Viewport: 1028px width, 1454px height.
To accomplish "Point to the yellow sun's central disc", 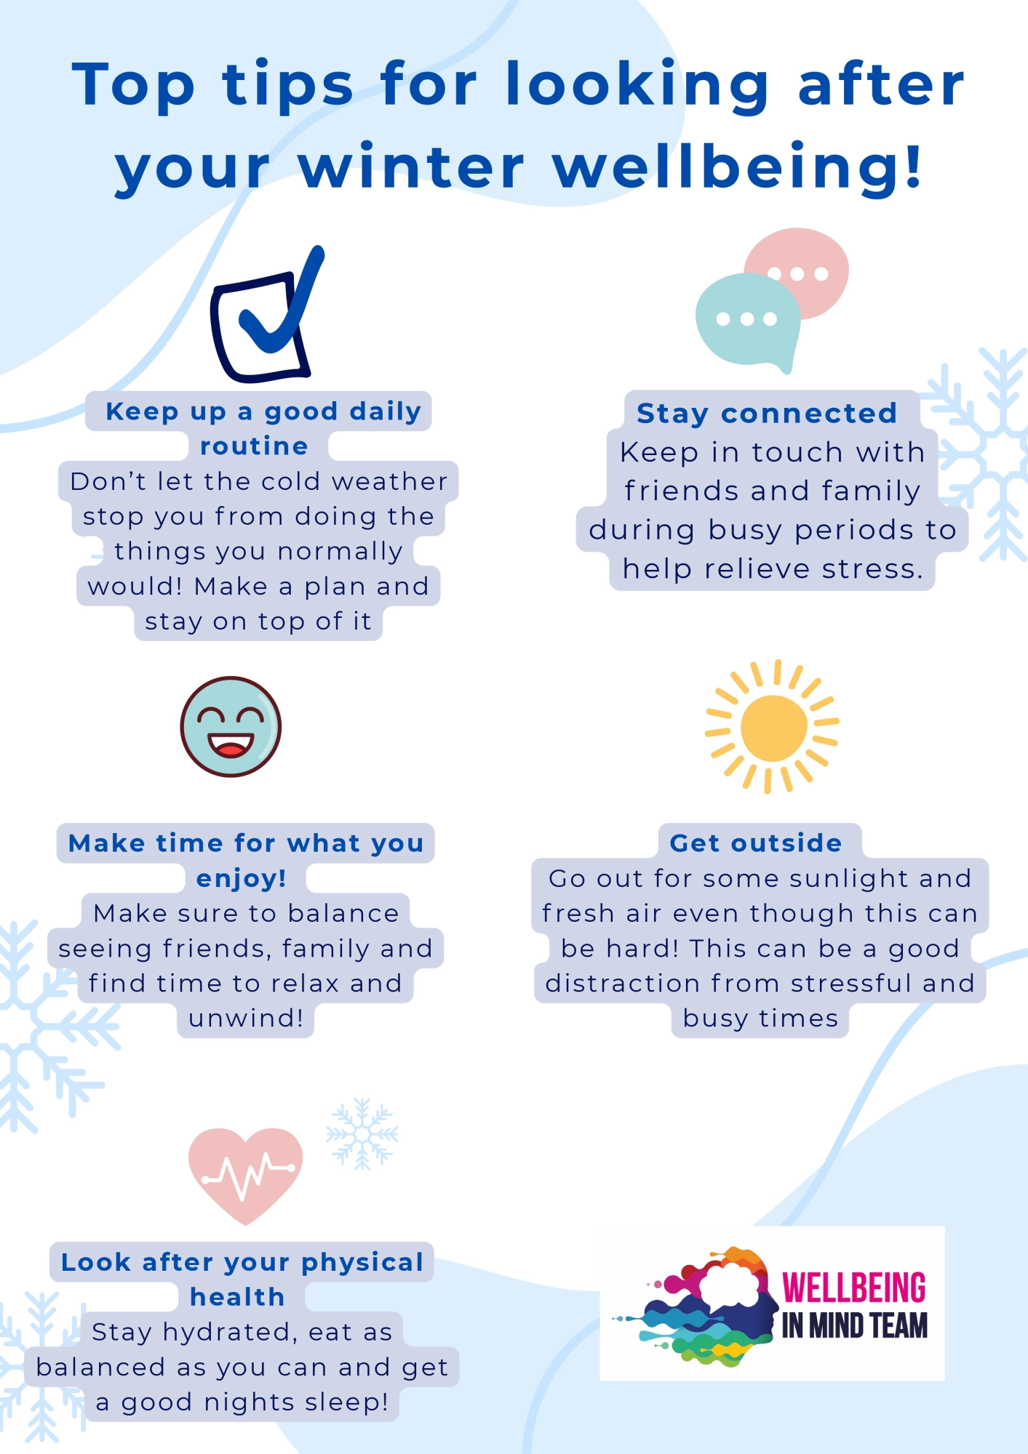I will tap(773, 728).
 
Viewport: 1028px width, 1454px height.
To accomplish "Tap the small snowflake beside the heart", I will tap(362, 1134).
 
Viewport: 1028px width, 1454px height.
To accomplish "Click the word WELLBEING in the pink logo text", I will tap(853, 1288).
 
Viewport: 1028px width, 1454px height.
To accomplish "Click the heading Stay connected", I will tap(767, 413).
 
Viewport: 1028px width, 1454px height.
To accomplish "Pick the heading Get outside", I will tap(756, 843).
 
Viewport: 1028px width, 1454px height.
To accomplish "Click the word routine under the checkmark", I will tap(254, 446).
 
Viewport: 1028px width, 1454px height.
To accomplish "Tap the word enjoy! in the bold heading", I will tap(241, 878).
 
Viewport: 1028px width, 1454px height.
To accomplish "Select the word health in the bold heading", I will tap(237, 1297).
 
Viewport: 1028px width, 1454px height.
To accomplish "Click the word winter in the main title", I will tap(411, 167).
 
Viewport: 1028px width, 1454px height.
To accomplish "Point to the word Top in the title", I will tap(134, 86).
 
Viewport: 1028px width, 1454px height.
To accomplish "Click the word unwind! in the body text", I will tap(245, 1018).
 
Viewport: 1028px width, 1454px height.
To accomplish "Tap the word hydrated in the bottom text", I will tap(230, 1332).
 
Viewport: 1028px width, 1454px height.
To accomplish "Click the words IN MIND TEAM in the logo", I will tap(854, 1326).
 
